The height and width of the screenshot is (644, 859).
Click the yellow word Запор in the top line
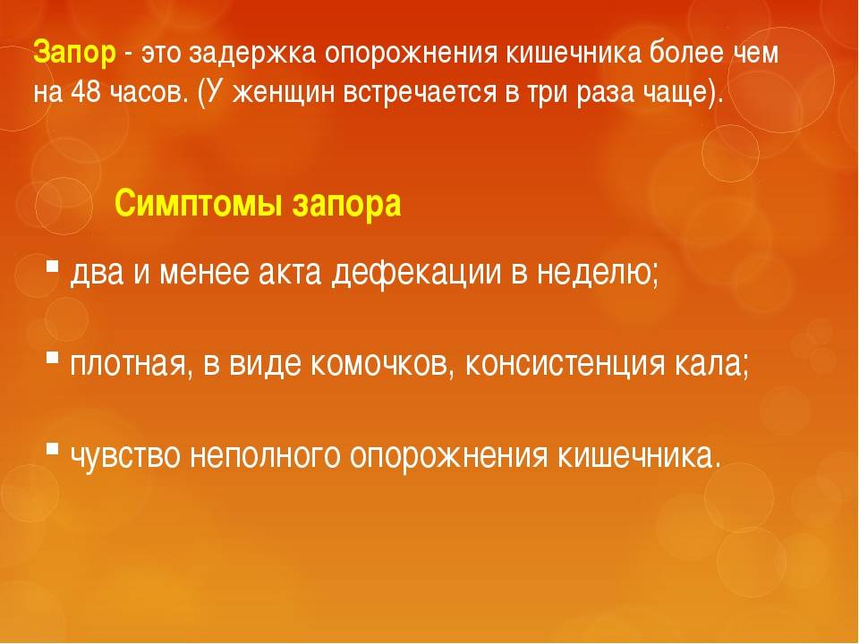(x=75, y=53)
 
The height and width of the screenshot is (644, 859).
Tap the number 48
(x=86, y=92)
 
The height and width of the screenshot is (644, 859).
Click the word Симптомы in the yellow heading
(x=199, y=204)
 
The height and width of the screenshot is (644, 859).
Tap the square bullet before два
(x=52, y=267)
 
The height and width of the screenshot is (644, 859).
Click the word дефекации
(x=416, y=272)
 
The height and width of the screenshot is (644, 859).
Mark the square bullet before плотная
(x=52, y=358)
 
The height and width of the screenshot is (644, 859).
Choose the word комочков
(x=379, y=363)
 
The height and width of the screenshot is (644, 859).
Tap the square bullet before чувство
(x=52, y=449)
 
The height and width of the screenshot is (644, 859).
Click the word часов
(x=144, y=93)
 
